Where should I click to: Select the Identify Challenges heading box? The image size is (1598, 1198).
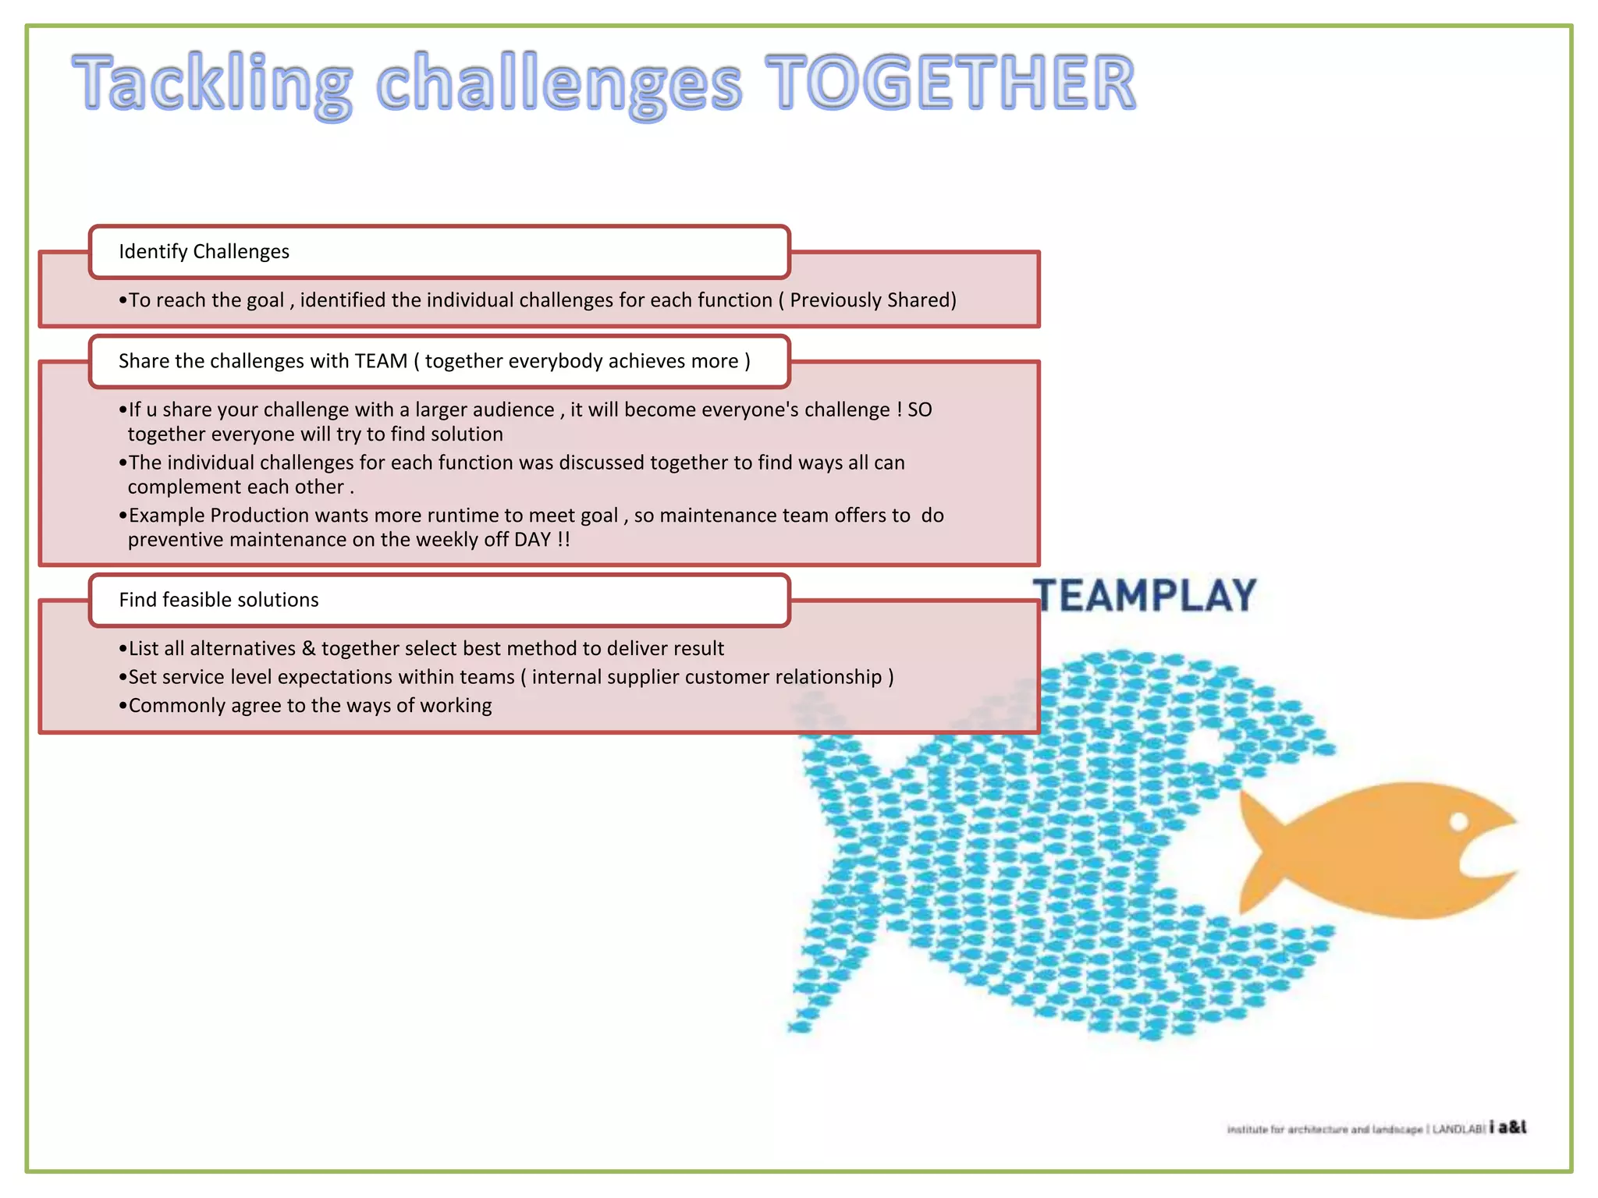pos(439,251)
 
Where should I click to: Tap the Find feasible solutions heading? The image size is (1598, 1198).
pos(219,600)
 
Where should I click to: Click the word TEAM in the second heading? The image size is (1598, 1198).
pos(381,361)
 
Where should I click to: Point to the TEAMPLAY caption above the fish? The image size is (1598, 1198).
pos(1145,596)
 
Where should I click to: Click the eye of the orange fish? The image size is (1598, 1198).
pos(1458,821)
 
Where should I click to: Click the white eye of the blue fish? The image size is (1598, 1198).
pos(1206,747)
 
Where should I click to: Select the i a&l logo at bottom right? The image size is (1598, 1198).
pos(1507,1127)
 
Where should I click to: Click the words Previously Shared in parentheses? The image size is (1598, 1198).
pos(872,300)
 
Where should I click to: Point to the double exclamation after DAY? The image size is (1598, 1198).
pos(563,540)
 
